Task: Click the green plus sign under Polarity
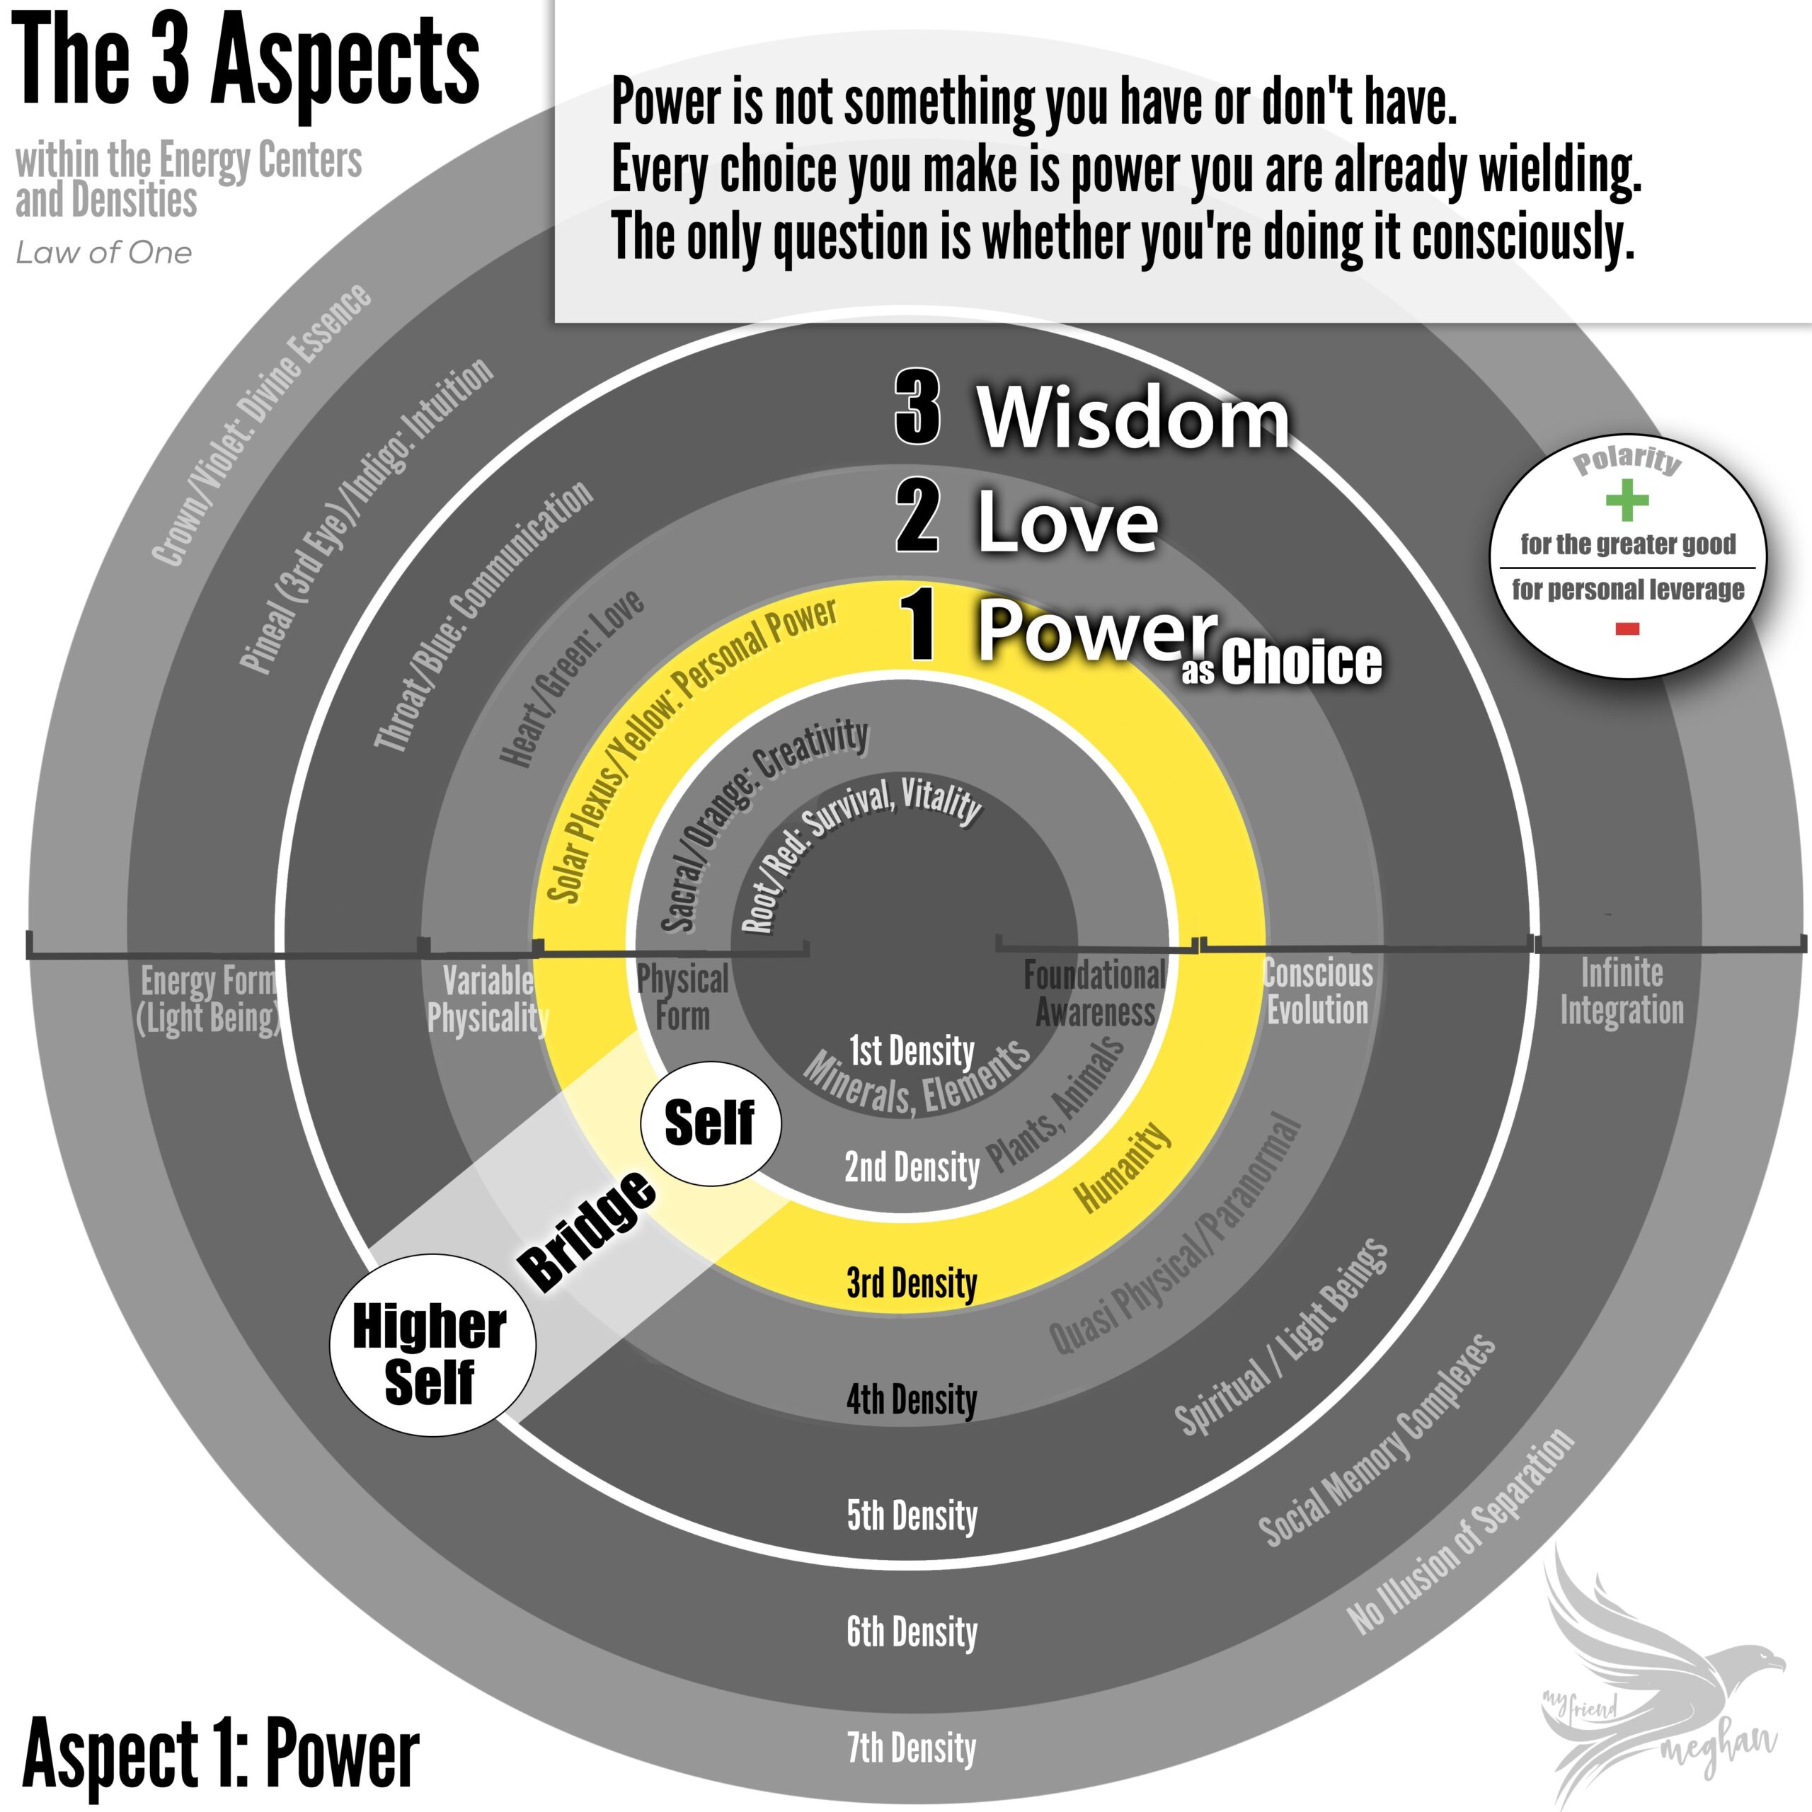[1627, 500]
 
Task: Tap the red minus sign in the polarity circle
[1627, 629]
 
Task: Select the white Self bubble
[710, 1123]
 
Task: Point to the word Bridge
[588, 1230]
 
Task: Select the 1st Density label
[912, 1050]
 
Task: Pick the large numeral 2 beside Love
[917, 516]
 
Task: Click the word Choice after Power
[1301, 662]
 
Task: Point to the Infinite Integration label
[1622, 992]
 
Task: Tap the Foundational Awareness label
[1094, 993]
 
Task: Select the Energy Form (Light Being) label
[208, 1000]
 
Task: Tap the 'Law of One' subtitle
[103, 252]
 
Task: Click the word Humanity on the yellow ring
[1123, 1168]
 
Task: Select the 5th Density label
[912, 1515]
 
